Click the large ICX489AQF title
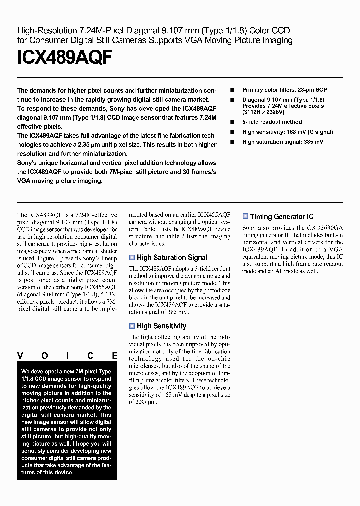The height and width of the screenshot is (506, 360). [65, 59]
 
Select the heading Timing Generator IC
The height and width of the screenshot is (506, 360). [281, 217]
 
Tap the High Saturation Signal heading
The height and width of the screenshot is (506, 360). [172, 258]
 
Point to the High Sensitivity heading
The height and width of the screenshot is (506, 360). [161, 326]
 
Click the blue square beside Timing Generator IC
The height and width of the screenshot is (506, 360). [245, 216]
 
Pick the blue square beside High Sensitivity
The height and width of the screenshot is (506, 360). [132, 326]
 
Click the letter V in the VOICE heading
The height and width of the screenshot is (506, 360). [20, 356]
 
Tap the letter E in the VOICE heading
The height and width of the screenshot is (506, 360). [114, 356]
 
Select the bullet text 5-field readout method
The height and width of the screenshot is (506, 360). [272, 122]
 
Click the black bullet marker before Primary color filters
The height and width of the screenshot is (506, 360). [232, 90]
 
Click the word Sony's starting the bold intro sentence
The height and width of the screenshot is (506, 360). [29, 163]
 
